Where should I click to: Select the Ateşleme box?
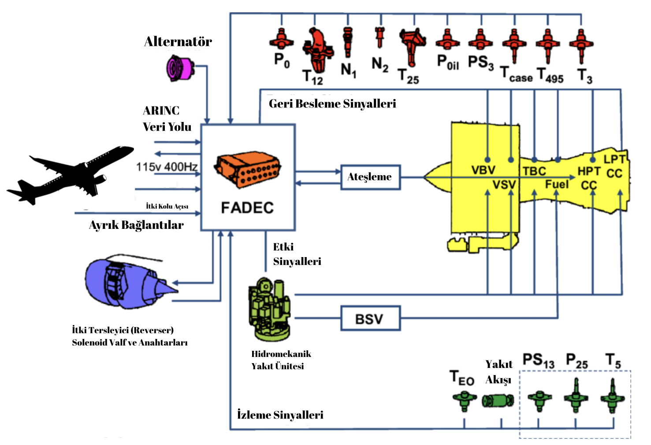(x=370, y=177)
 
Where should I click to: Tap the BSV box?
(x=370, y=318)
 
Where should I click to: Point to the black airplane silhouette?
(x=73, y=174)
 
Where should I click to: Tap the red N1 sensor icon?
(x=348, y=42)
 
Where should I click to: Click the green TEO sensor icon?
(x=464, y=400)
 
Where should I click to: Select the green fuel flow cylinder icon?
(x=498, y=401)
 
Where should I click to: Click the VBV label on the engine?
(x=483, y=170)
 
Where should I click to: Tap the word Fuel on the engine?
(x=557, y=184)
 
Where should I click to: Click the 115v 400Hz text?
(x=167, y=167)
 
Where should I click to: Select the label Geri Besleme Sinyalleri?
(x=332, y=104)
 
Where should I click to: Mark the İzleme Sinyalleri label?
(x=280, y=415)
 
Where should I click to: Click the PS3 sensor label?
(x=480, y=63)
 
